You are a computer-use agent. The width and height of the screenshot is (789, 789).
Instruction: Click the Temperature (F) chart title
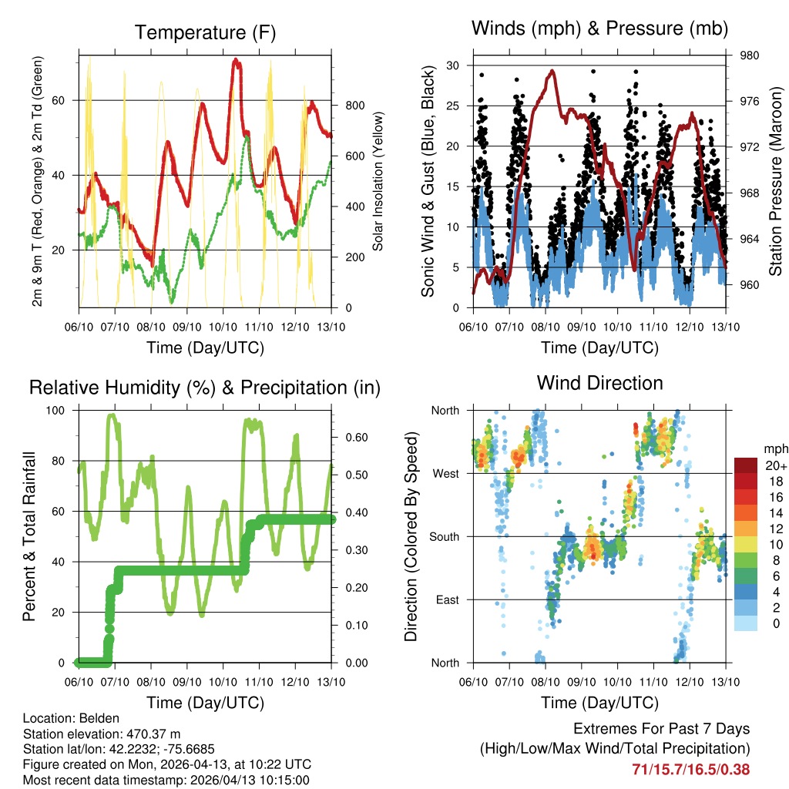coord(204,32)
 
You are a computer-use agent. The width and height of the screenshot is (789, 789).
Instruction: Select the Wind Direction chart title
coord(599,383)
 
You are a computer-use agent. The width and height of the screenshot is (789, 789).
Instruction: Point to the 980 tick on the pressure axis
coord(744,55)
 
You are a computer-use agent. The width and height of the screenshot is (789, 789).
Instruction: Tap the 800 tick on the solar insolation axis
coord(348,106)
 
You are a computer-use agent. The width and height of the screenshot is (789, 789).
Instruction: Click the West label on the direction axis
coord(445,473)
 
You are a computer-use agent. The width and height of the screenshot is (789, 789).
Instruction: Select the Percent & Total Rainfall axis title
coord(29,536)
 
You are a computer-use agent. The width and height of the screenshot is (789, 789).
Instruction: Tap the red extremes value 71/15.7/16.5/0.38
coord(690,769)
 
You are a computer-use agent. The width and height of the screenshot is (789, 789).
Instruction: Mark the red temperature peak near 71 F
coord(237,60)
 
